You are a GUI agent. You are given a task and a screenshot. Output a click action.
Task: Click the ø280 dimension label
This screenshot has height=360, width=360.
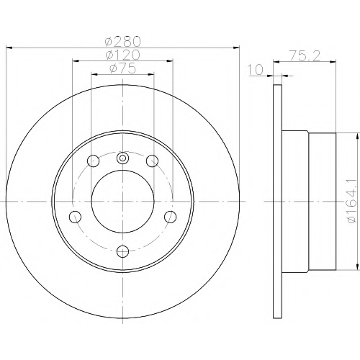pos(122,42)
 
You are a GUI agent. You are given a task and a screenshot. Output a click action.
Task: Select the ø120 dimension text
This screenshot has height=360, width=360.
pos(122,55)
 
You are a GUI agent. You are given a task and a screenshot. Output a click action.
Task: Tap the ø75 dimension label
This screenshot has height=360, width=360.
pos(122,68)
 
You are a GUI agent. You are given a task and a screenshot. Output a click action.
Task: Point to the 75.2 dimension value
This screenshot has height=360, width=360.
pos(305,56)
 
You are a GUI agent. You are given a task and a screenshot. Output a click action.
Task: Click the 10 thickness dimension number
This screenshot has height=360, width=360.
pos(256,70)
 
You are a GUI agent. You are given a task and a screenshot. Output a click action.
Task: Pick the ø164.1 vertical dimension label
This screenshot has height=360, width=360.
pos(353,201)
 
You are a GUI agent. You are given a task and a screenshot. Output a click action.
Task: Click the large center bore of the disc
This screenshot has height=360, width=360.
pos(122,202)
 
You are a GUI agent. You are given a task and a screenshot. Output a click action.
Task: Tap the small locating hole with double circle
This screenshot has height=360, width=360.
pos(122,158)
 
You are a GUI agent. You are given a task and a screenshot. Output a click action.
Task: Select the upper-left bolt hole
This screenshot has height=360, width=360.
pos(94,161)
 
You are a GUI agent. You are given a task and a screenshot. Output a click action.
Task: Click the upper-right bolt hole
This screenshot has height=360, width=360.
pos(152,161)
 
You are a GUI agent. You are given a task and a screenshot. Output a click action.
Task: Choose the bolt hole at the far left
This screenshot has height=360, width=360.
pos(75,217)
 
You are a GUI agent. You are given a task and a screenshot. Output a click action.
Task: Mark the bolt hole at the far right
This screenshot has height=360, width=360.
pos(171,217)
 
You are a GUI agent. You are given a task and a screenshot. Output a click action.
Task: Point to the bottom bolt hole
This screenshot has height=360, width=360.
pos(122,251)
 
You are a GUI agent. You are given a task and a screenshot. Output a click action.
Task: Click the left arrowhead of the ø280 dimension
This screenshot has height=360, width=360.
pos(9,48)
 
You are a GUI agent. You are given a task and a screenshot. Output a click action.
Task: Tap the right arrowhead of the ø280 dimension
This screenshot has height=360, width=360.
pos(236,48)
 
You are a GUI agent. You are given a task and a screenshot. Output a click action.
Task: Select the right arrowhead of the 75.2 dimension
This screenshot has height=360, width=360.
pos(333,62)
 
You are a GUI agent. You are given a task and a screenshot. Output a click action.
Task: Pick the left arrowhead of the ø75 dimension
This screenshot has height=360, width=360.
pos(94,75)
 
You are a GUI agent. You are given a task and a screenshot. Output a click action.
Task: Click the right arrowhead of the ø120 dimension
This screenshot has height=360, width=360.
pos(170,61)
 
